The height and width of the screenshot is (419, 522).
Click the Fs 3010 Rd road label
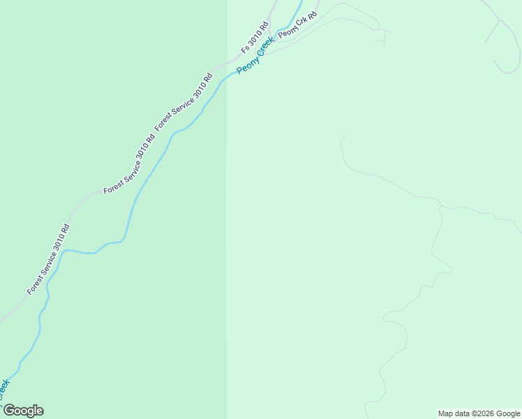[x=255, y=38]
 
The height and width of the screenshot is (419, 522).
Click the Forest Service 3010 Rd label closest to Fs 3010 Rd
[x=184, y=101]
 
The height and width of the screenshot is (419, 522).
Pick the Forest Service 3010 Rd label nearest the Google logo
[x=48, y=258]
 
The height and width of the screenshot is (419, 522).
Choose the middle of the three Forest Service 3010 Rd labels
[x=129, y=163]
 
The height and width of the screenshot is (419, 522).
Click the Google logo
[x=23, y=411]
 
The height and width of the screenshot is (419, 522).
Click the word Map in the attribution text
[x=447, y=413]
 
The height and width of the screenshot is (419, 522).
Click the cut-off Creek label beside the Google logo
[x=4, y=388]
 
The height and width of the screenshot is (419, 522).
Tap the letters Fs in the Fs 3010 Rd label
[x=244, y=50]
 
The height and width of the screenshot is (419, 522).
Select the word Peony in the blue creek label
[x=245, y=66]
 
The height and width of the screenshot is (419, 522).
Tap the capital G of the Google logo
[x=9, y=410]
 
